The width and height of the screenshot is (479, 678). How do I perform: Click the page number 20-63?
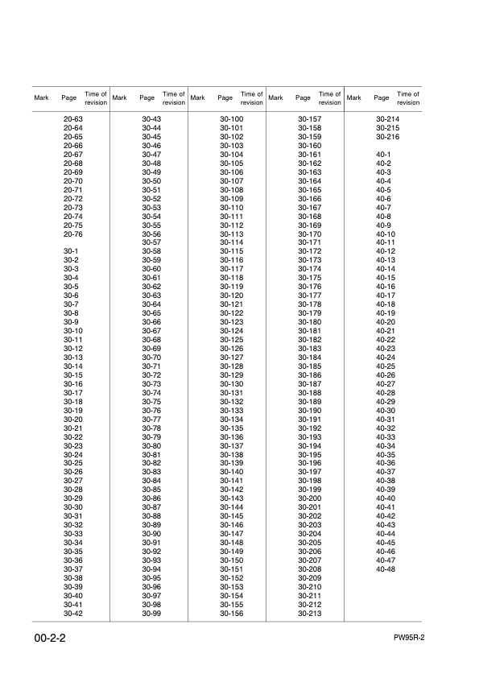pos(73,119)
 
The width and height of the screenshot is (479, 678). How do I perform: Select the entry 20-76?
pos(73,234)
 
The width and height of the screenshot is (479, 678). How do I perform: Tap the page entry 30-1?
pos(71,252)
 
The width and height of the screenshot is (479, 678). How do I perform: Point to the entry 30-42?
pos(73,614)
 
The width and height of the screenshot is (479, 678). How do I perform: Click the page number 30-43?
pos(151,119)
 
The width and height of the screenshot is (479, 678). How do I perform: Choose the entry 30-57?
pos(151,242)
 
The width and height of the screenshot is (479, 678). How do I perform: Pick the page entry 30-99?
pos(151,614)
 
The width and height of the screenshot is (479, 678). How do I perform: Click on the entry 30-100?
pos(232,119)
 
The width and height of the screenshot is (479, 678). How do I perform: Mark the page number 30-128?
pos(232,366)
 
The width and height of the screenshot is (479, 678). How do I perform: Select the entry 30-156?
pos(232,614)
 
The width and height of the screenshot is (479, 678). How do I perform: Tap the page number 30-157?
pos(310,119)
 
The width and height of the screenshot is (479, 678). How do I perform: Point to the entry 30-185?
pos(310,366)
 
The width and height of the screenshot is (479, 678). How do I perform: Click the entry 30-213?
pos(310,614)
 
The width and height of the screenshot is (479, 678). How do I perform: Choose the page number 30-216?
pos(388,137)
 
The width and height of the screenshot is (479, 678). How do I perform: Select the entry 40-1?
pos(383,155)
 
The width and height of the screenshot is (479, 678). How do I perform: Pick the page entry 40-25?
pos(386,366)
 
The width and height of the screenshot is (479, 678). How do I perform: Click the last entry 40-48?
pos(386,569)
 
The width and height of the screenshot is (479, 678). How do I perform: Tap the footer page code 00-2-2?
pos(51,639)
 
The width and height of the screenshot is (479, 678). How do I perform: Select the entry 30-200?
pos(310,498)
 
